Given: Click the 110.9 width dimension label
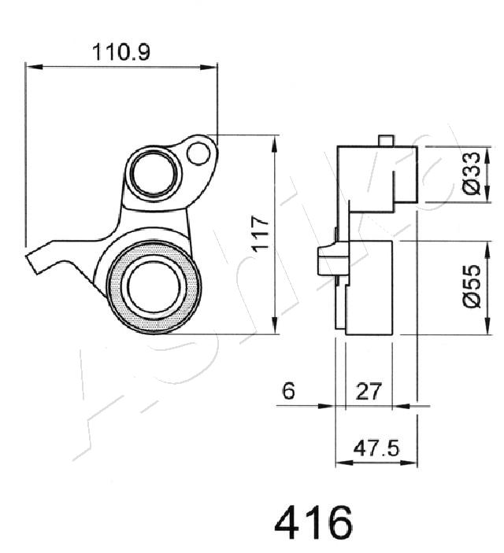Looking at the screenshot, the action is (x=121, y=52).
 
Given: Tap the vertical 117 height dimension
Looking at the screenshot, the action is (x=261, y=234).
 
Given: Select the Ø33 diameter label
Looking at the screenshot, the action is (x=472, y=173).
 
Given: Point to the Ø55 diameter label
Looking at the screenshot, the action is (x=472, y=286).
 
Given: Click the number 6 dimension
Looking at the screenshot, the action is (x=288, y=391).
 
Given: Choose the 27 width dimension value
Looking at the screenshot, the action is (x=369, y=391).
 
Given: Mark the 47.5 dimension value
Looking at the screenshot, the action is (x=376, y=448).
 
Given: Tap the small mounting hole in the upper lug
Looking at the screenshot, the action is (x=198, y=153).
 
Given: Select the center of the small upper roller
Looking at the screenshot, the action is (x=154, y=172).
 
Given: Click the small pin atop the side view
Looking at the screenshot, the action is (x=386, y=140).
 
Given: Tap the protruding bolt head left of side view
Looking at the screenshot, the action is (x=325, y=261).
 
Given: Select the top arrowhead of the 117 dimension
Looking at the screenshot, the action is (x=275, y=144).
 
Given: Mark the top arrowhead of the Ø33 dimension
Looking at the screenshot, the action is (x=487, y=154).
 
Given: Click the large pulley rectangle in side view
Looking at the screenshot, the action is (x=369, y=288).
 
